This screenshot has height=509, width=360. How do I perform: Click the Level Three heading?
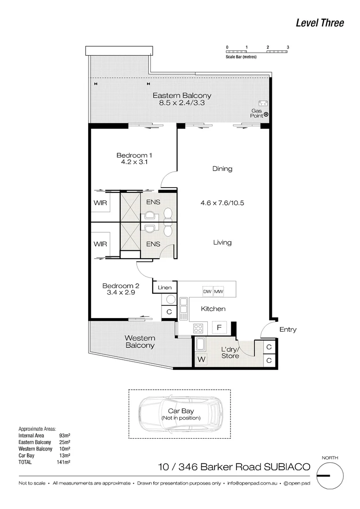click(x=319, y=23)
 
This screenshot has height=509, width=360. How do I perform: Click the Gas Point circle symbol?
click(x=266, y=115)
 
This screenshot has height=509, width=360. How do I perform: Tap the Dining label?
click(x=222, y=169)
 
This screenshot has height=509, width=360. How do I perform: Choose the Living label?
click(x=222, y=243)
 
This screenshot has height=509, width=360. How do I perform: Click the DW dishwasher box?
click(x=207, y=292)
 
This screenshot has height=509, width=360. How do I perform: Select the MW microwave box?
click(x=219, y=292)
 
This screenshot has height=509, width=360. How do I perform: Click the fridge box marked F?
click(x=219, y=327)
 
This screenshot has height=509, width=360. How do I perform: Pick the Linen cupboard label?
click(x=164, y=287)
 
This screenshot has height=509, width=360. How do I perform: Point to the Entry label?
click(x=287, y=330)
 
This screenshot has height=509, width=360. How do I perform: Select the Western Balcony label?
click(x=139, y=342)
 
